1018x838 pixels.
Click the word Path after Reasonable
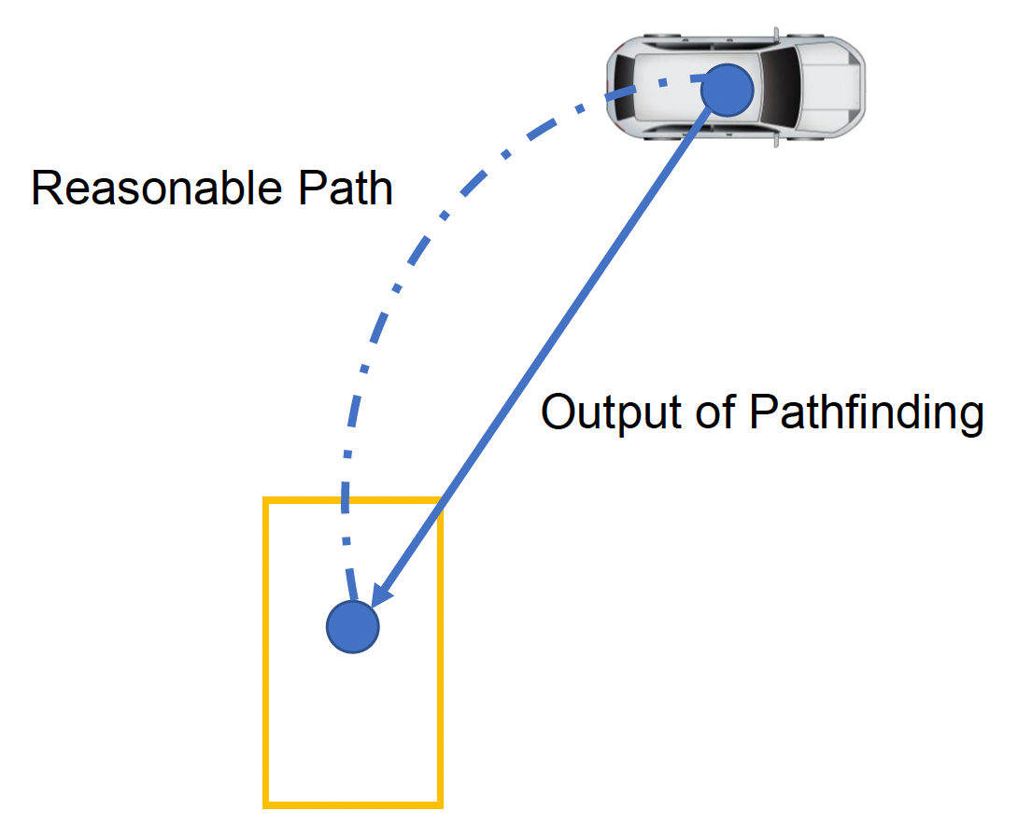coord(346,189)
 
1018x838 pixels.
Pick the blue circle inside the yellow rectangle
coord(353,626)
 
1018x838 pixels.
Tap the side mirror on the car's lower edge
coord(774,142)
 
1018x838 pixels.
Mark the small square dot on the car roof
coord(662,83)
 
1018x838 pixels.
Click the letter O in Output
coord(558,412)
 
